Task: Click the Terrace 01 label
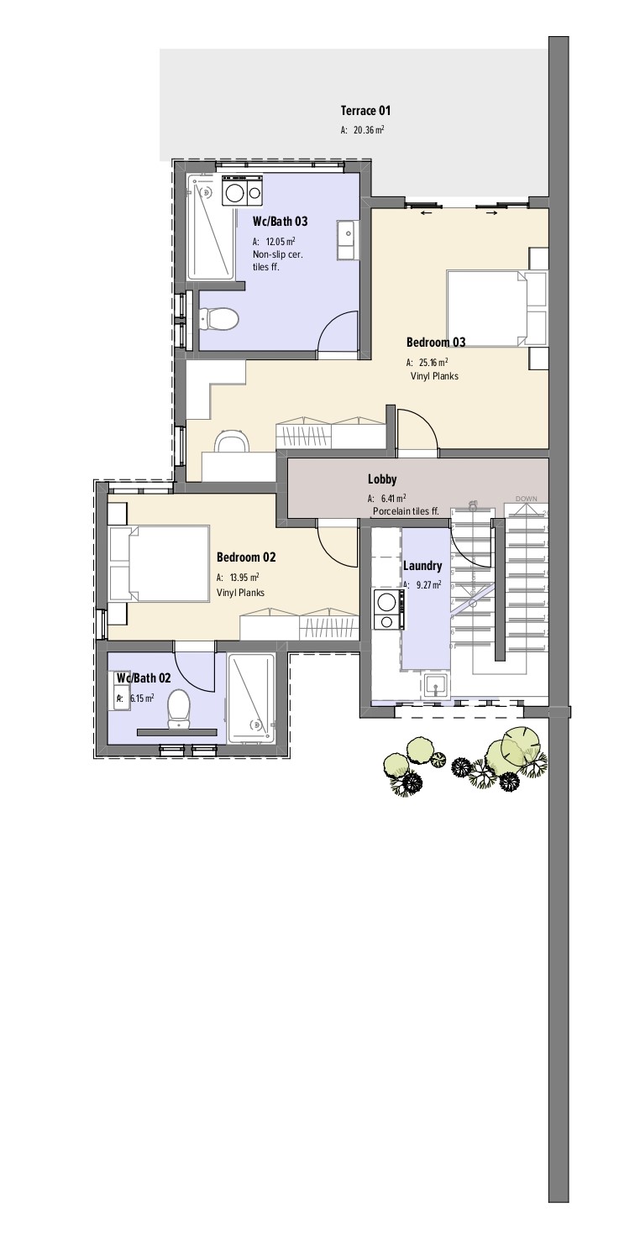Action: [365, 111]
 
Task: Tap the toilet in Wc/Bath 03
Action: [219, 318]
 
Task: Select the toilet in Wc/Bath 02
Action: [179, 708]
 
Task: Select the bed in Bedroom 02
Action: [159, 563]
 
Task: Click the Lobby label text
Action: [382, 479]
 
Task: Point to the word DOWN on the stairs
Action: [526, 499]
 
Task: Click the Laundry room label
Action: [422, 566]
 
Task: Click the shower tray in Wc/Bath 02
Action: [250, 698]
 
